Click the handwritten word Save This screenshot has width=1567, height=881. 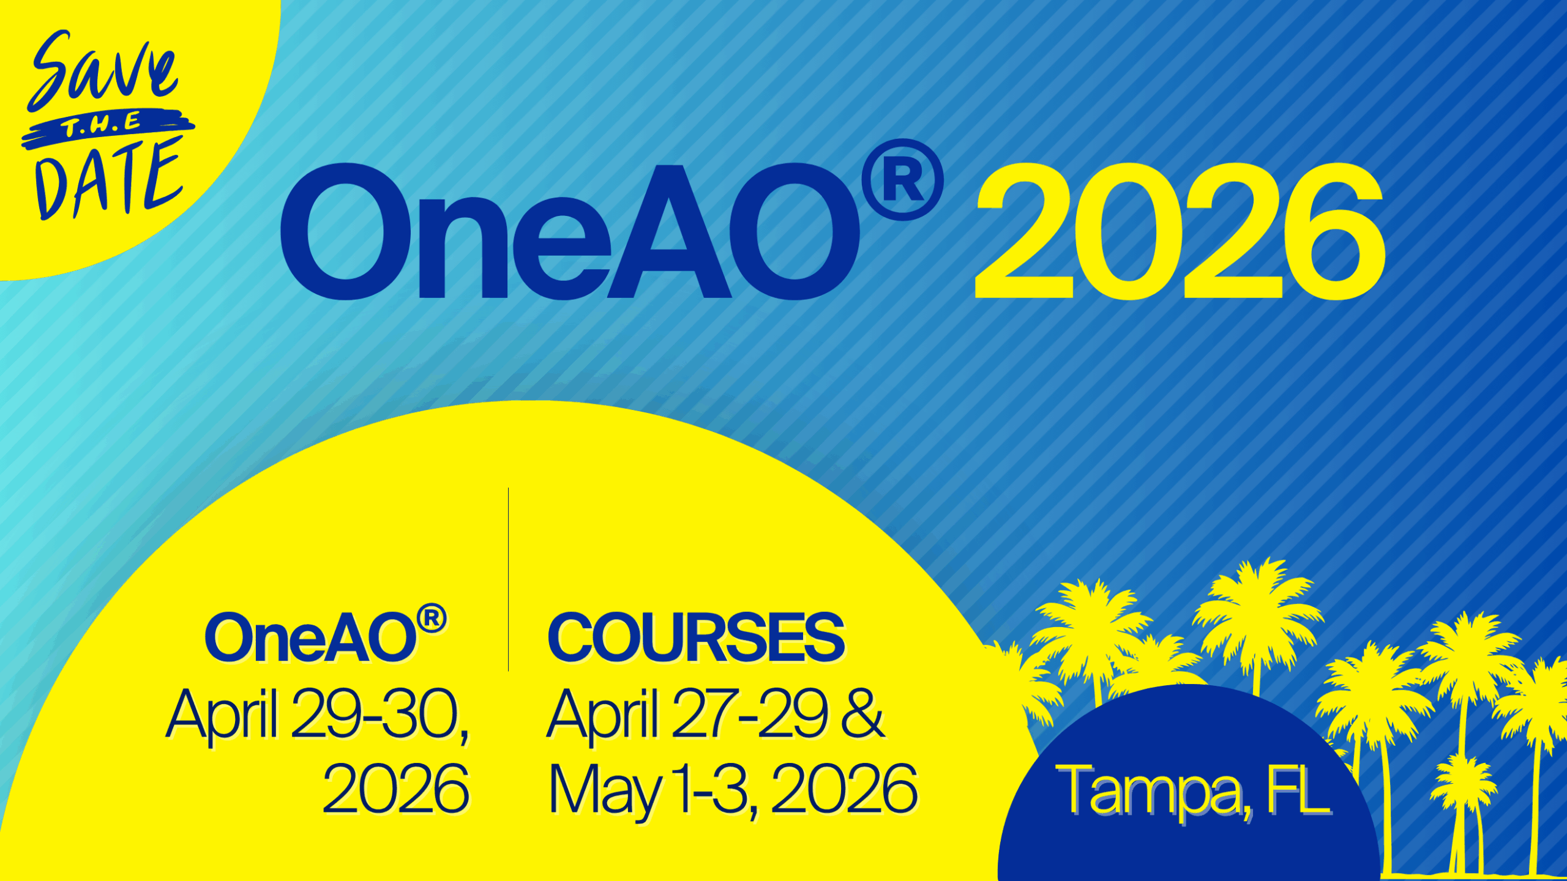pyautogui.click(x=103, y=69)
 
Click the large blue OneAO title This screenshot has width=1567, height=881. pyautogui.click(x=569, y=232)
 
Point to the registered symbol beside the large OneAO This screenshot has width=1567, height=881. pyautogui.click(x=902, y=180)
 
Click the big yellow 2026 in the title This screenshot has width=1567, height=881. pyautogui.click(x=1179, y=232)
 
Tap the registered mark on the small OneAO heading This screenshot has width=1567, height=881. pyautogui.click(x=432, y=619)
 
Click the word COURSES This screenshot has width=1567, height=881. pyautogui.click(x=695, y=638)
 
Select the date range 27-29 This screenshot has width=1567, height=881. pyautogui.click(x=750, y=713)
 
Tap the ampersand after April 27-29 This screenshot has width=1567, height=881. pyautogui.click(x=863, y=713)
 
